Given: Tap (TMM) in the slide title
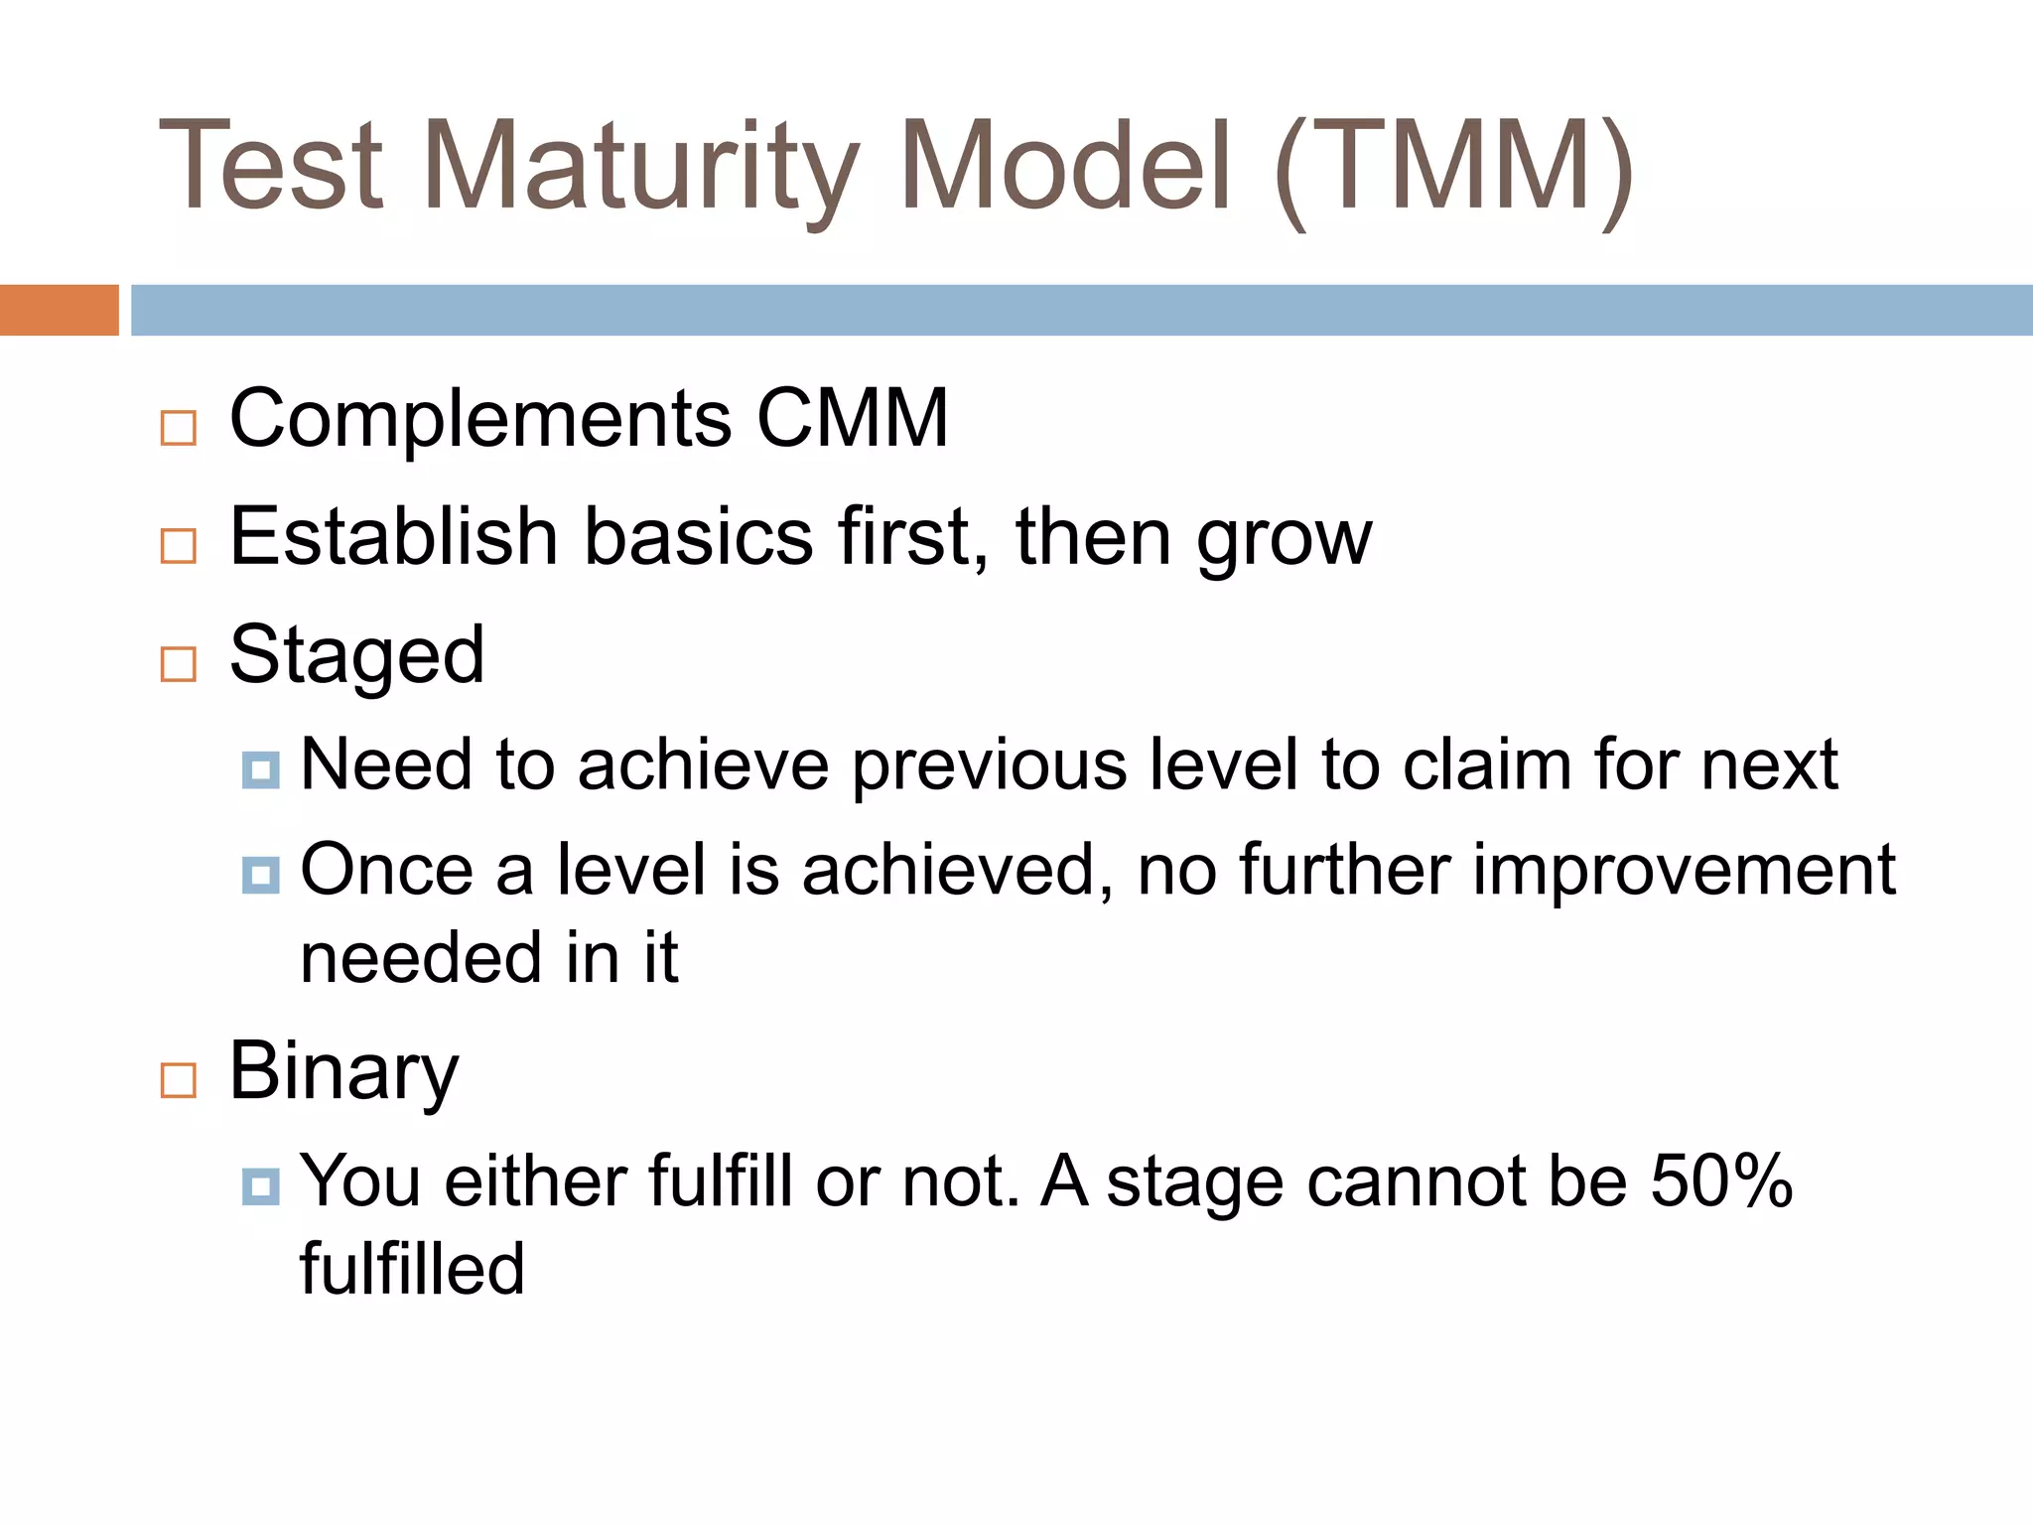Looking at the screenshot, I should pos(1453,167).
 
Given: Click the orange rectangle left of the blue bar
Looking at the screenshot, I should pos(59,310).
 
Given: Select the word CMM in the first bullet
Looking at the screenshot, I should pos(852,419).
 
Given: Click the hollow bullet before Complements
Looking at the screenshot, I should pos(179,428).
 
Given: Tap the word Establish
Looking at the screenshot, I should pos(393,537).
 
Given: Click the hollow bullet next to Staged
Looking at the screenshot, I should pos(179,663).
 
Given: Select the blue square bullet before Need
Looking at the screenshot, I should pos(260,769).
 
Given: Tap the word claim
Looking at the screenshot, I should pos(1486,764).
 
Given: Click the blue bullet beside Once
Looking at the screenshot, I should pos(260,875).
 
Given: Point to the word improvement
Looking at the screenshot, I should pos(1684,871).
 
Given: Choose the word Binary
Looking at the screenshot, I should pos(343,1072).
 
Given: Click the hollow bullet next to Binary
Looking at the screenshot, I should pos(179,1079).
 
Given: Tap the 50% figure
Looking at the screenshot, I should pos(1721,1181).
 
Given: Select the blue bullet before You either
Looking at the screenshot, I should pos(260,1186).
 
